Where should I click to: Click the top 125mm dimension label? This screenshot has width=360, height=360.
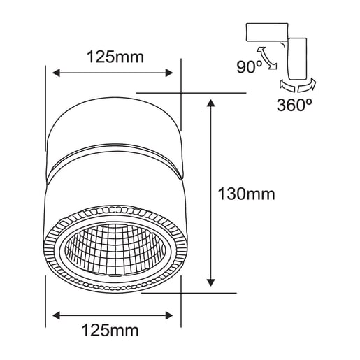115,57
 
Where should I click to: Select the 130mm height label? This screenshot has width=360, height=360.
246,194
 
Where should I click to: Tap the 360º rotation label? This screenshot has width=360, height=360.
292,106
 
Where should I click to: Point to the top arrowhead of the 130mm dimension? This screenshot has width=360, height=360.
211,103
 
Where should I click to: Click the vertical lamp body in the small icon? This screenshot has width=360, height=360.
300,57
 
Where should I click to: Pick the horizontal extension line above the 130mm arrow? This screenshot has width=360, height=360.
192,93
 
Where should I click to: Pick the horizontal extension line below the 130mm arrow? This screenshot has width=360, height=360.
192,292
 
